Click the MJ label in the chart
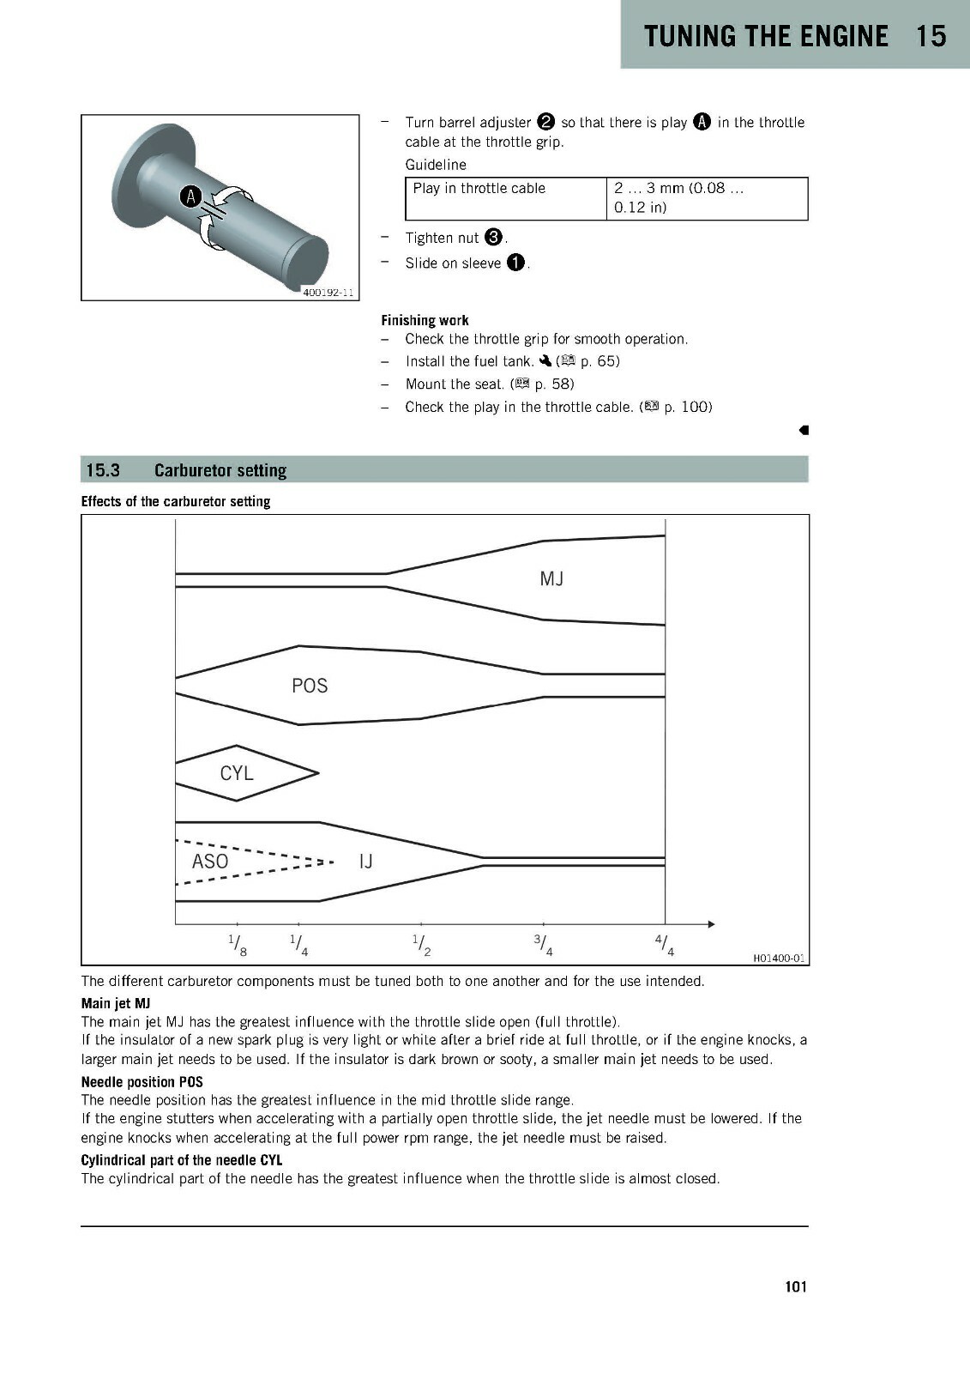point(551,578)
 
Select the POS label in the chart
point(310,686)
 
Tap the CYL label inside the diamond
point(237,773)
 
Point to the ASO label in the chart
point(209,862)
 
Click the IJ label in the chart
point(366,862)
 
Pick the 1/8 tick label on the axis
point(238,945)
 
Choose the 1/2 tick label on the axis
point(422,945)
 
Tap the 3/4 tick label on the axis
point(544,945)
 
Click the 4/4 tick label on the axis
point(665,945)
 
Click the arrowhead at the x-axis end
point(711,923)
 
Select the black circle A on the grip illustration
point(190,197)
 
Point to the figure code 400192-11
point(328,293)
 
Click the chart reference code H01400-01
point(778,958)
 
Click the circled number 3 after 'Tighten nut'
point(493,237)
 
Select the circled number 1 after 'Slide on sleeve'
point(516,263)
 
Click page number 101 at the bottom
point(796,1286)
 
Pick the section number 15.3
point(103,470)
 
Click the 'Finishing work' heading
point(425,320)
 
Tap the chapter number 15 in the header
point(931,36)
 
